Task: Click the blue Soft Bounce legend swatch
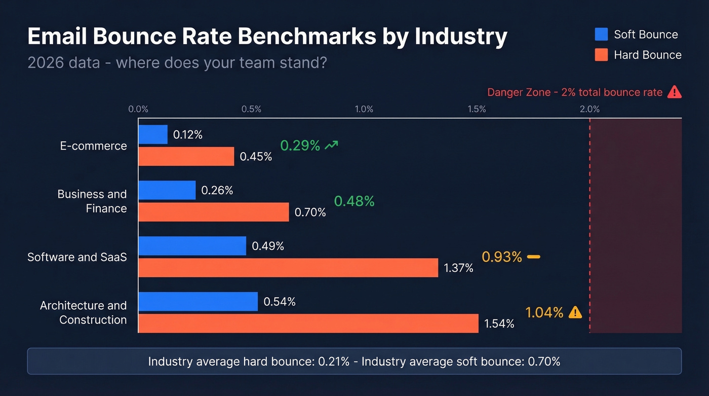click(x=601, y=34)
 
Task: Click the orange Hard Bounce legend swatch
click(x=601, y=55)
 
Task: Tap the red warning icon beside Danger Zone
click(x=674, y=92)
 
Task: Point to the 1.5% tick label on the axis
click(x=477, y=109)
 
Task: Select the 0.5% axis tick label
click(x=251, y=109)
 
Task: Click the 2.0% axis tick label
click(x=589, y=109)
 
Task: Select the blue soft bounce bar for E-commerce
click(x=153, y=134)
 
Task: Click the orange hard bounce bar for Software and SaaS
click(x=288, y=268)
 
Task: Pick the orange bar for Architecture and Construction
click(x=308, y=323)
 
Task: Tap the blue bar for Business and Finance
click(x=167, y=190)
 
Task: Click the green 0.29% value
click(x=300, y=146)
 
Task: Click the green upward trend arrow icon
click(x=331, y=146)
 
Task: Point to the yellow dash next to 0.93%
click(x=533, y=257)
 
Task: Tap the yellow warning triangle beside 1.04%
click(x=575, y=312)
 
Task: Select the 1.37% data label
click(x=458, y=268)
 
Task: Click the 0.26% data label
click(x=217, y=190)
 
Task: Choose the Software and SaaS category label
click(x=77, y=257)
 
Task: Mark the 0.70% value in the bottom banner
click(x=544, y=362)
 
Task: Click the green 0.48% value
click(x=354, y=201)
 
